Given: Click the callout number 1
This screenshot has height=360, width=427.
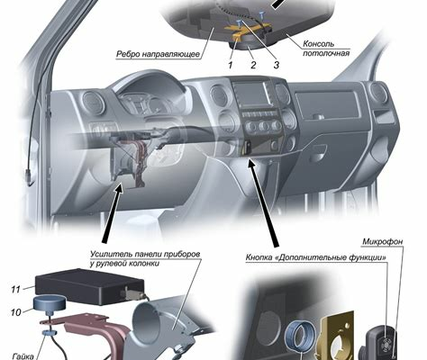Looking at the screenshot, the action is pos(231,65).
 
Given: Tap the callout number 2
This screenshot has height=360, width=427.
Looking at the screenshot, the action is pos(253,65).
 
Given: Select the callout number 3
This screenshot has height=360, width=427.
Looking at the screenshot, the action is pos(277,65).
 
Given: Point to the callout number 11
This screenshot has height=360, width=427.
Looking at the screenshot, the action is pos(15,290).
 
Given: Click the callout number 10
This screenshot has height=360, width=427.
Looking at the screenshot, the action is pos(16,312).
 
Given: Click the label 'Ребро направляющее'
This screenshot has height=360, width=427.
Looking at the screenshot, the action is pos(159,54).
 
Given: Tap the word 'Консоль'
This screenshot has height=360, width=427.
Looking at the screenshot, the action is pos(318,44).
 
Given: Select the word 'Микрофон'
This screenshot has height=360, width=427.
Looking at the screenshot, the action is pos(383,241).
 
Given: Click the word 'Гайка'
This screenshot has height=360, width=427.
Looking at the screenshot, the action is pos(23,356).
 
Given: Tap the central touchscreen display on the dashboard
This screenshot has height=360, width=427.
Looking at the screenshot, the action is pos(250,94).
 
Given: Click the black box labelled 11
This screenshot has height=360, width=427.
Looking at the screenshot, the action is pos(89,286).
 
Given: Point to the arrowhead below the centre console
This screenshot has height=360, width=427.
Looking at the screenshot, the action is pos(251,165).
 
